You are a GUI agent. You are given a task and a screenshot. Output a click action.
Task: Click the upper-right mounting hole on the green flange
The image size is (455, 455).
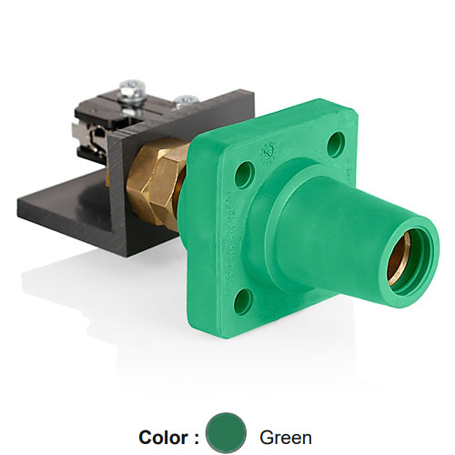pos(336,144)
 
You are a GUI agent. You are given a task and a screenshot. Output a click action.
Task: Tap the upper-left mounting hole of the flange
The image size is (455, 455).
pos(244,174)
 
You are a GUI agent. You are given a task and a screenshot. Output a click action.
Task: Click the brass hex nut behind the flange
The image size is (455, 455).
pos(155,187)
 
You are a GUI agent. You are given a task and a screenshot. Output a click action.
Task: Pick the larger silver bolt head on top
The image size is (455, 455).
pos(133,88)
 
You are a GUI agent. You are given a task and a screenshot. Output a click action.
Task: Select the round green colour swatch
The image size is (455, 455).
pos(226,433)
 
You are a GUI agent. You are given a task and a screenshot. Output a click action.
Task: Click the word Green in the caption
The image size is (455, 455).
pos(286,437)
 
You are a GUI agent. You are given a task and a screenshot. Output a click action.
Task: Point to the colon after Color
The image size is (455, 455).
pos(196,438)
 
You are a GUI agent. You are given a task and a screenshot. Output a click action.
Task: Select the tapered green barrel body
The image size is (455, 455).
pos(328,227)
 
